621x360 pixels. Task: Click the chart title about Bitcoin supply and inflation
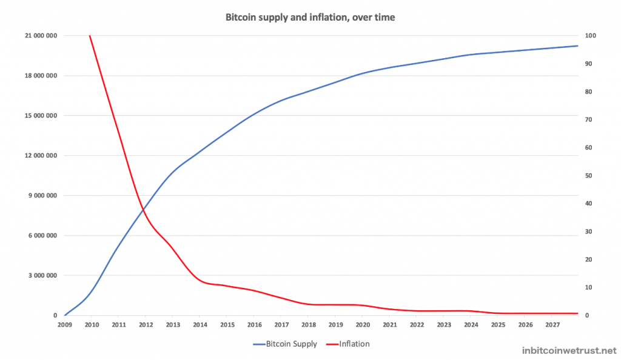pos(310,18)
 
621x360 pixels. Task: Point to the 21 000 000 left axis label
pos(41,36)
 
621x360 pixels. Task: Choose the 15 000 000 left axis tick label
pos(41,116)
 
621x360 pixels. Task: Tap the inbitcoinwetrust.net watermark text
pos(569,350)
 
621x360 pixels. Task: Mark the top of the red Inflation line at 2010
pos(90,36)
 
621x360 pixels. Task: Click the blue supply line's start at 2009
pos(64,315)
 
